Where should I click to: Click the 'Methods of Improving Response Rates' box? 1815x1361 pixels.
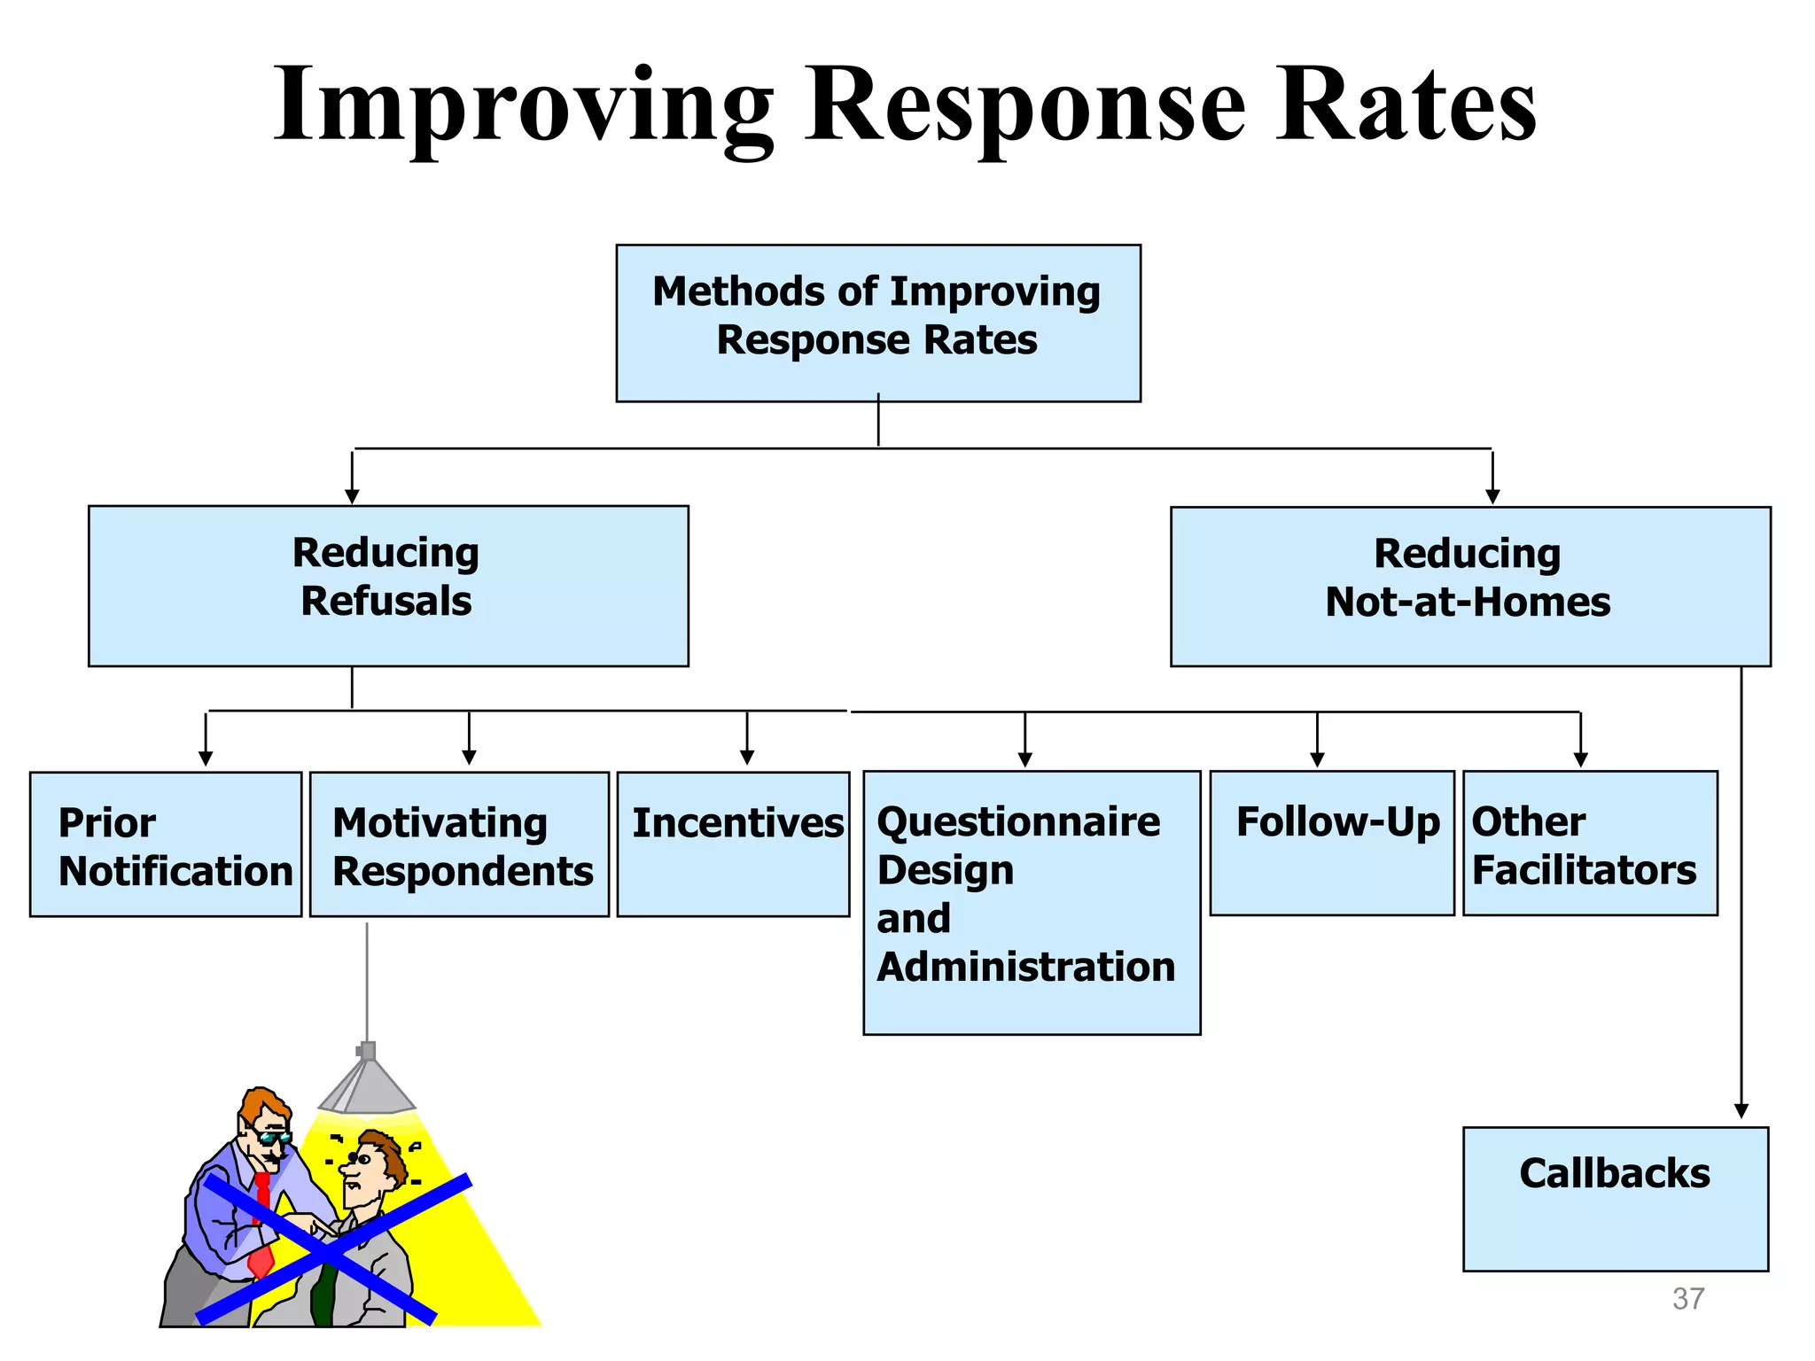(877, 323)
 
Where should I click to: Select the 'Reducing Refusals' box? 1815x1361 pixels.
(388, 586)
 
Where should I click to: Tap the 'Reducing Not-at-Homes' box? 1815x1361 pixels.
(1470, 587)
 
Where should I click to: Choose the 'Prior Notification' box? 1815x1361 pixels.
(166, 844)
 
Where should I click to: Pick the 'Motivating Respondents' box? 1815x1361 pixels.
(459, 844)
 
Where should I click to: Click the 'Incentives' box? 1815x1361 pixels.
(733, 844)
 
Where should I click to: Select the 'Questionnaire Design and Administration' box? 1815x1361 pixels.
(1032, 902)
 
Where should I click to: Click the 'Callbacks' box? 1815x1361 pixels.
(1615, 1199)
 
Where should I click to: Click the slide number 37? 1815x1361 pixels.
(1687, 1299)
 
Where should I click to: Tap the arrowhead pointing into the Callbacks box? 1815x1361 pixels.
(1741, 1111)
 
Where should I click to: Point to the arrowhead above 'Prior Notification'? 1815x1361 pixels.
(206, 758)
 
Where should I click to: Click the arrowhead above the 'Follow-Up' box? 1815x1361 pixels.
(1317, 759)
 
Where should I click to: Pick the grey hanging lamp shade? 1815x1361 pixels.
(367, 1088)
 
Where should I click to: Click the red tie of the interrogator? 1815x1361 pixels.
(261, 1223)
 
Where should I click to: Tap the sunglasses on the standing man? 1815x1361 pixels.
(271, 1137)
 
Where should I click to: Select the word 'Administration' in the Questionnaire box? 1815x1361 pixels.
(1025, 967)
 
